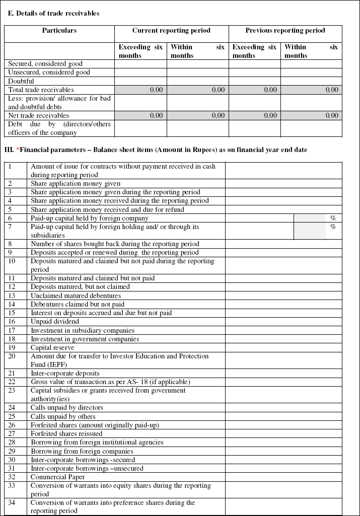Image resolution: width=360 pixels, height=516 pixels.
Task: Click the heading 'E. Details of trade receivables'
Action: pyautogui.click(x=53, y=13)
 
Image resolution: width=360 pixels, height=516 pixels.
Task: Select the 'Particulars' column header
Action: pyautogui.click(x=59, y=31)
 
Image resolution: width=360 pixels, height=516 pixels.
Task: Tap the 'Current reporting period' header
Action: pyautogui.click(x=171, y=31)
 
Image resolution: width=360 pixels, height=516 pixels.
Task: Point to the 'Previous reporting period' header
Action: pyautogui.click(x=285, y=31)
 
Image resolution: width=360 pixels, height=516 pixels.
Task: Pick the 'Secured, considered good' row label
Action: pyautogui.click(x=45, y=64)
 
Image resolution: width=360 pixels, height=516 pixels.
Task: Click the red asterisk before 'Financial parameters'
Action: pyautogui.click(x=18, y=150)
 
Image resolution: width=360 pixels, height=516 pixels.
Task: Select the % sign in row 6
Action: pyautogui.click(x=333, y=218)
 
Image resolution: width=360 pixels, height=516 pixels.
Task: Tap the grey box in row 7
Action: pyautogui.click(x=310, y=231)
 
